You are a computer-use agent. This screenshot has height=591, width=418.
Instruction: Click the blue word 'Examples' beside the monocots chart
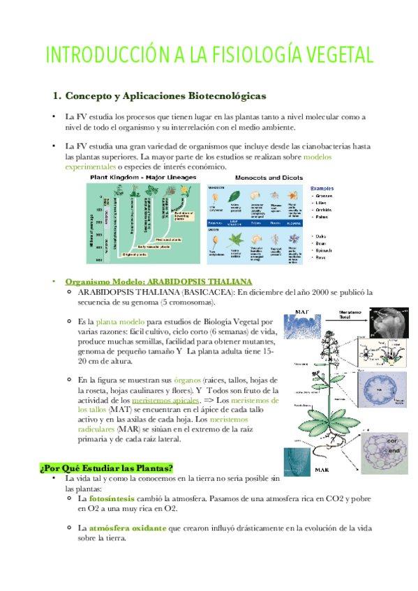point(322,188)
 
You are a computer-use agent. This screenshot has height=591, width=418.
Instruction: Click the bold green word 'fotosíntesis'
point(111,499)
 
